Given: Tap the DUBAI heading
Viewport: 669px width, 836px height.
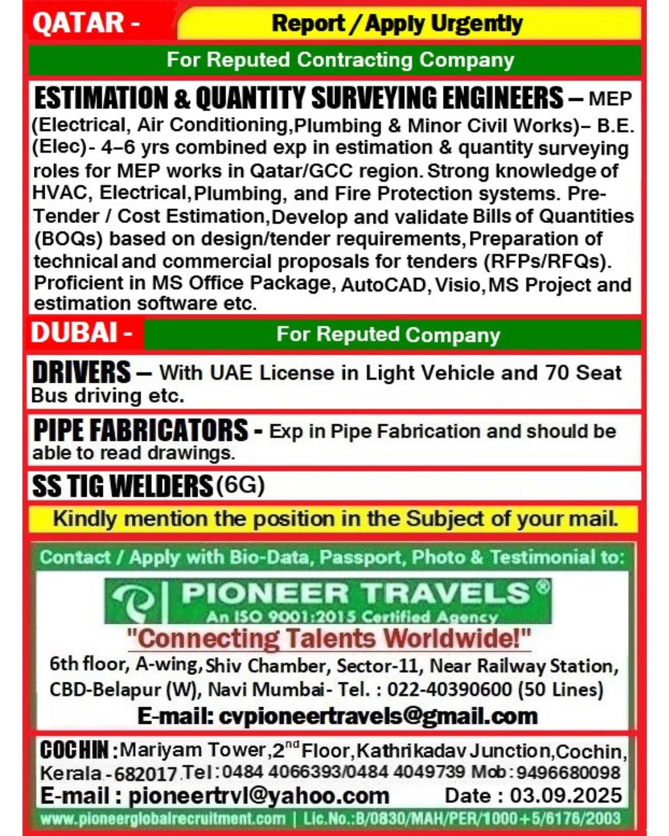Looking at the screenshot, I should tap(74, 333).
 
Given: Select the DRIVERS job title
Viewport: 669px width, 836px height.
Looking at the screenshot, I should tap(81, 372).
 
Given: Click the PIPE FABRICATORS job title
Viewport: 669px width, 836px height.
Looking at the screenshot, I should tap(141, 430).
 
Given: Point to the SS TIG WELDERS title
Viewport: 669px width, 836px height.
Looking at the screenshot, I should tap(122, 486).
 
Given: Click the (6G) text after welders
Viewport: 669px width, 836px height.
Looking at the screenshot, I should tap(240, 485).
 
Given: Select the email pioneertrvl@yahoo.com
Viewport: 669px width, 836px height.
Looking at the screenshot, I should tap(259, 795).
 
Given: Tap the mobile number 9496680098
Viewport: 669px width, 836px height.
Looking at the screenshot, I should tap(568, 772).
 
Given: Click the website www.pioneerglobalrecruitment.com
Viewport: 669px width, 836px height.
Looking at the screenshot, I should tap(164, 819).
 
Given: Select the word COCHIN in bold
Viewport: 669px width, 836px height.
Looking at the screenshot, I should tap(74, 750).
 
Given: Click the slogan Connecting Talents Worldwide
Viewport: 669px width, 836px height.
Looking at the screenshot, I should tap(329, 638).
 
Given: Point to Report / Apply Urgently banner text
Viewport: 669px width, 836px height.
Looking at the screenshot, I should tap(397, 24).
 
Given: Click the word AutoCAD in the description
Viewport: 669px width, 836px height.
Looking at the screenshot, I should tap(383, 285).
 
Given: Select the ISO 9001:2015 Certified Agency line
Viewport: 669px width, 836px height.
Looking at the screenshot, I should tap(352, 616).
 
